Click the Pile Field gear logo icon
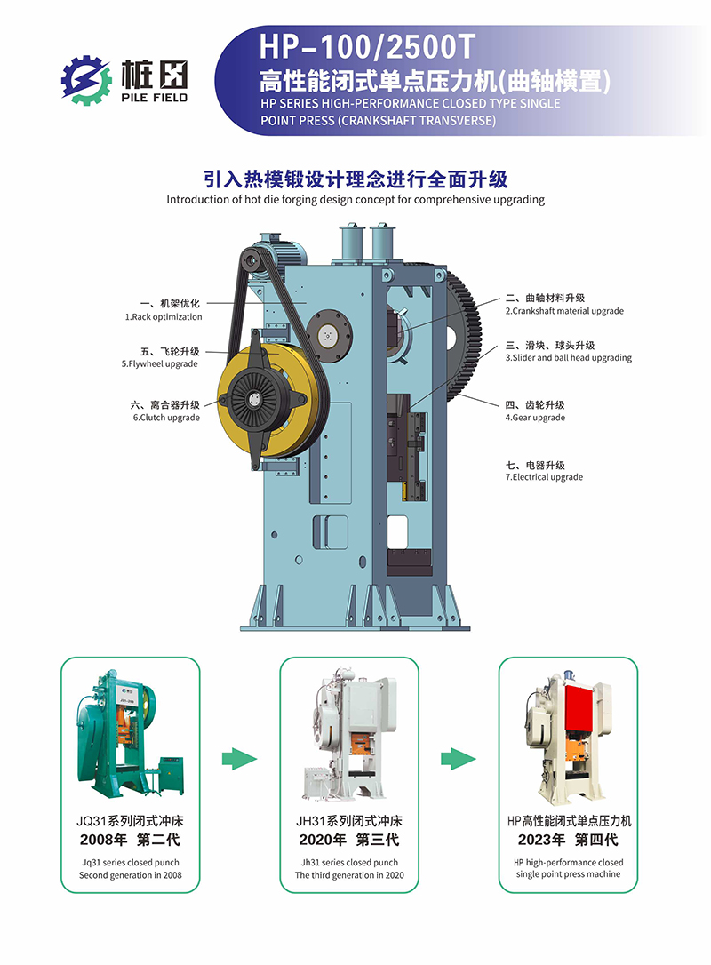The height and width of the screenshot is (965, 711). [85, 80]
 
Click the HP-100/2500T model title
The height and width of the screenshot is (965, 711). [367, 47]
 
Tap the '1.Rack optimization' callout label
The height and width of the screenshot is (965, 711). [164, 317]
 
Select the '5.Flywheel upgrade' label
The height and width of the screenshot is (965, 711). [159, 363]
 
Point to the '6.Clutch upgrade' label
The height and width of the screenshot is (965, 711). [166, 418]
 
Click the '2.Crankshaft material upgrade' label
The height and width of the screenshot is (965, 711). [564, 311]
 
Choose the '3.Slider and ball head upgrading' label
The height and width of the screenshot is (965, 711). [569, 357]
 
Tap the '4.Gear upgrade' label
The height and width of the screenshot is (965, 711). [535, 418]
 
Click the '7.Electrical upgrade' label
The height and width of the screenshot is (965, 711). [544, 477]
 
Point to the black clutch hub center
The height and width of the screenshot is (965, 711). [253, 399]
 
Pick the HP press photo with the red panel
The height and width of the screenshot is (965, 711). [569, 736]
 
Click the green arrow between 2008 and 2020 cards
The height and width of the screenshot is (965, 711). [239, 759]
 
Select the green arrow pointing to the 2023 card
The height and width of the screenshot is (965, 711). [459, 759]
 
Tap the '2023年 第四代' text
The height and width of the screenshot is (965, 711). [568, 840]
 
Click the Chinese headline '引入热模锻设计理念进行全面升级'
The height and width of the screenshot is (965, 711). [355, 179]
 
